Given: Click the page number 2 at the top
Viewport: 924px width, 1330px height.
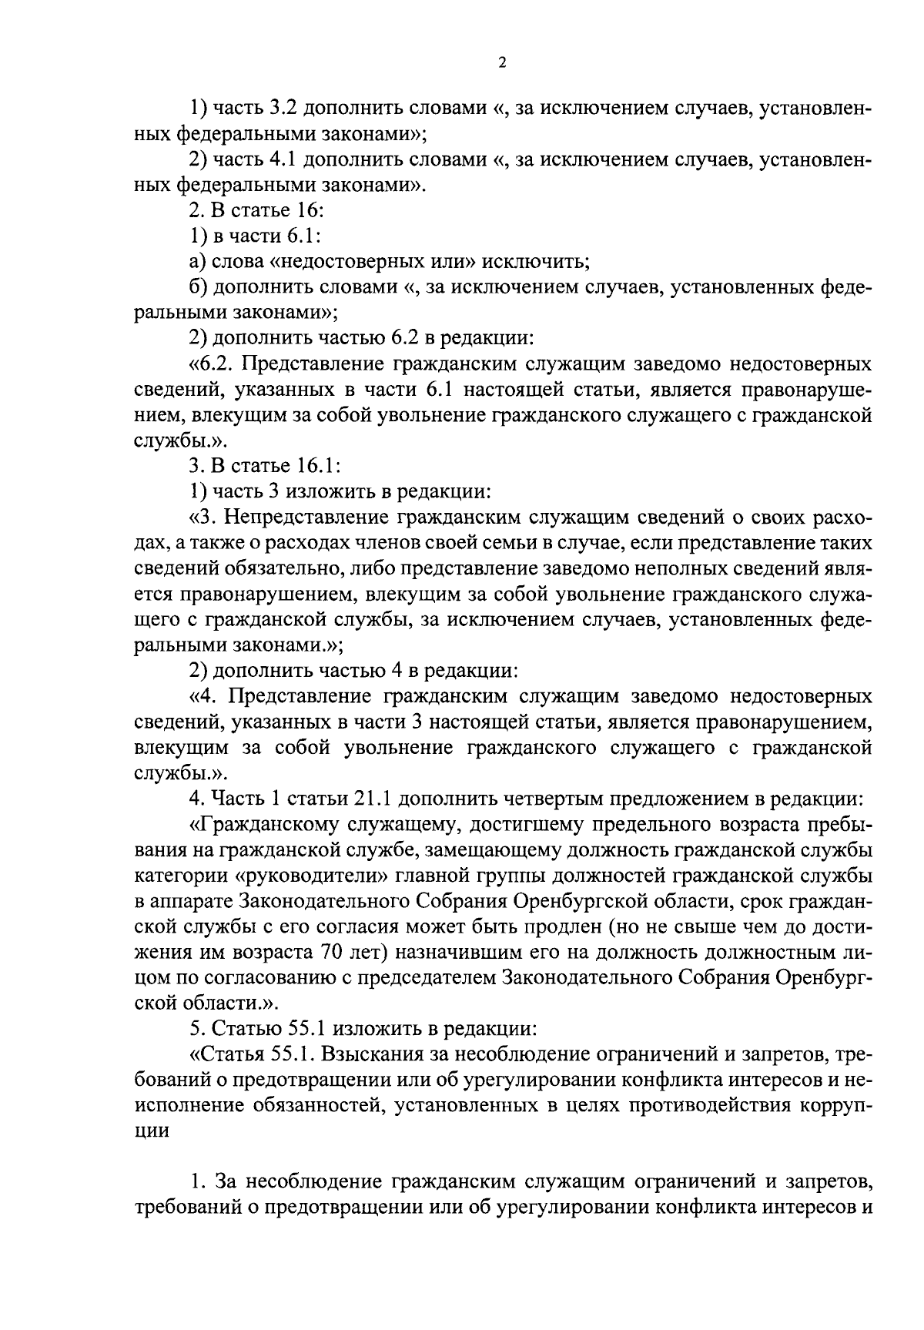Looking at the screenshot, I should [x=501, y=64].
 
